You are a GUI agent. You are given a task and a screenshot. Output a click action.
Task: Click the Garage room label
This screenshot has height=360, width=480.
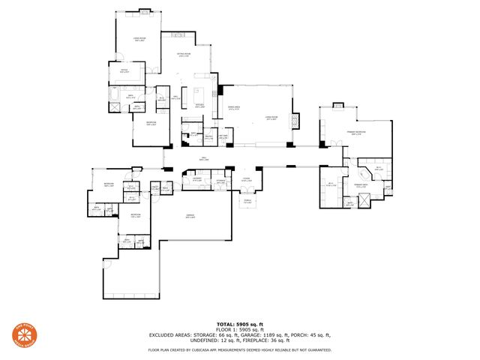point(190,216)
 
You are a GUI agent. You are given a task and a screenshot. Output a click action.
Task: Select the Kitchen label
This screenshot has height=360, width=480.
point(199,105)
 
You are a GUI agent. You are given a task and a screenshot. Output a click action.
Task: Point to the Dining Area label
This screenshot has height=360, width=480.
point(233,107)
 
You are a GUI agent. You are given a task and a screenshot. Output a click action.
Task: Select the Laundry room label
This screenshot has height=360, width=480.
point(196,180)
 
